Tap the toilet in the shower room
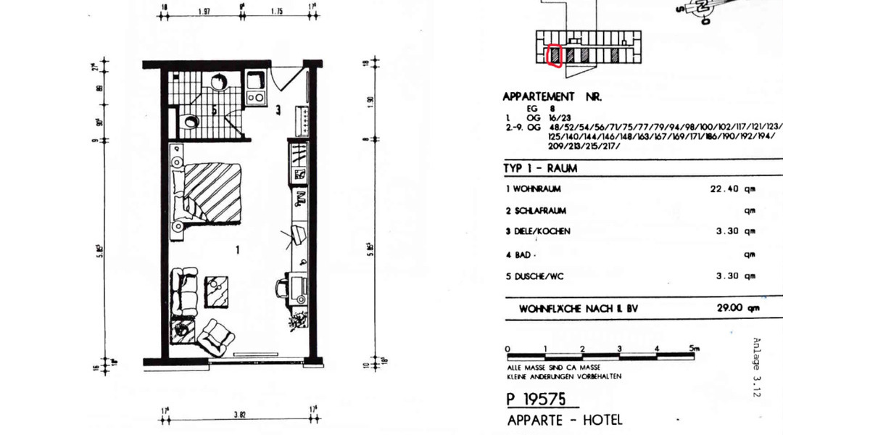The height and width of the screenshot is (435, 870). [190, 121]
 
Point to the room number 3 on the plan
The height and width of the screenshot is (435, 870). [278, 110]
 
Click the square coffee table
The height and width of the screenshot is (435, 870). [217, 291]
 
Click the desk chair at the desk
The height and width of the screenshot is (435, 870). [282, 289]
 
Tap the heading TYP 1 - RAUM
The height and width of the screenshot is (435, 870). [540, 168]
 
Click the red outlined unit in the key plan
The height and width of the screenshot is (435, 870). [554, 55]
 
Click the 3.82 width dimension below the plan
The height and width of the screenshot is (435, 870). [238, 415]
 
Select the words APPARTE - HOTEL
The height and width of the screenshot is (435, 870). [564, 420]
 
